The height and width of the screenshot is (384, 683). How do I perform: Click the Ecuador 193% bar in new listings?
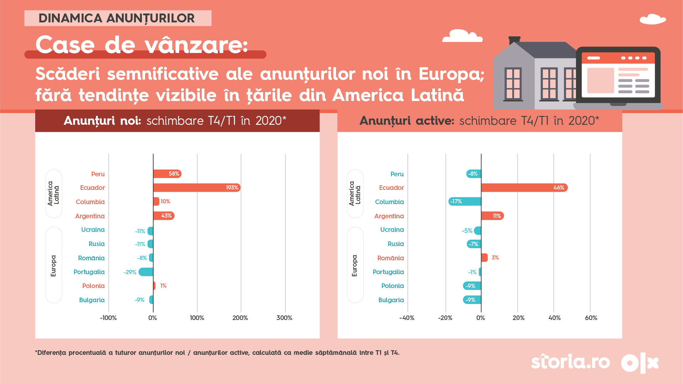pos(197,187)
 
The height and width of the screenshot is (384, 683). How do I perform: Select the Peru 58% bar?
pos(167,174)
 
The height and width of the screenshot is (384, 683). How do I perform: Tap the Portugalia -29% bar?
pos(146,272)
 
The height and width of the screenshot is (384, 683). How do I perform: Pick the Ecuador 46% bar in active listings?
pos(524,187)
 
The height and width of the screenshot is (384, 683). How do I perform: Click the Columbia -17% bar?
pos(465,202)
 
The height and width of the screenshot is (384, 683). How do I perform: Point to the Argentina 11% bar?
pos(492,216)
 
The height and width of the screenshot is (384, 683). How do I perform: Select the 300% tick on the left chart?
pos(284,318)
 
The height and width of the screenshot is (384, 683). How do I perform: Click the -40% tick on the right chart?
pos(407,318)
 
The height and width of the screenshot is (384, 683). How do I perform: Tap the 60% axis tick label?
pos(591,318)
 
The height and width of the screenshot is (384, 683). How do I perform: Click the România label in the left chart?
pos(91,258)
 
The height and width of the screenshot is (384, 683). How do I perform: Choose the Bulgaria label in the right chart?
pos(391,300)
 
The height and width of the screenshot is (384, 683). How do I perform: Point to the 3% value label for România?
pos(495,257)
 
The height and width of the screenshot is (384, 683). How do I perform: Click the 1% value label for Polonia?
pos(163,286)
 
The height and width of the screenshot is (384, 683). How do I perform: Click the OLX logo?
pos(640,363)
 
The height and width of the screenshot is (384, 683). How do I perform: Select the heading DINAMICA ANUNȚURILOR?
pos(117,18)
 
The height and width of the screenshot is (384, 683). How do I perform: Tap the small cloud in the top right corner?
pos(653,19)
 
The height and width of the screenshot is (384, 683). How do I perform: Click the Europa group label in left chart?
pos(53,266)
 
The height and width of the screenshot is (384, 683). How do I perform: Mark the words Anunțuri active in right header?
pos(407,121)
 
